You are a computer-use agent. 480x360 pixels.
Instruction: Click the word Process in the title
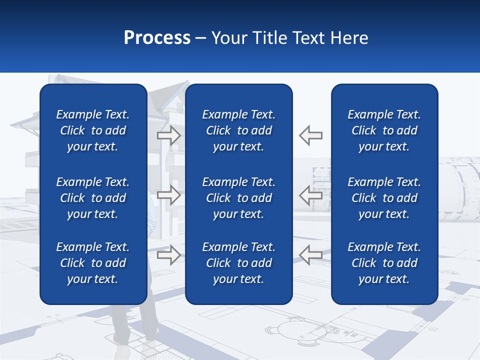pos(157,38)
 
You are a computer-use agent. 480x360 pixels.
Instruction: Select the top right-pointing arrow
pos(168,135)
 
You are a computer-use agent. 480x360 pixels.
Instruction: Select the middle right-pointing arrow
pos(168,195)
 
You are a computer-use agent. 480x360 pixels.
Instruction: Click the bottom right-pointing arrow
pos(168,255)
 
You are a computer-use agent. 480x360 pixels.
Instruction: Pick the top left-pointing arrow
pos(311,135)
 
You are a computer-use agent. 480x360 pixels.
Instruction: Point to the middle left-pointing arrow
pos(311,195)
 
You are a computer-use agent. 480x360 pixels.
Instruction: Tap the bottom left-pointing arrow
pos(311,255)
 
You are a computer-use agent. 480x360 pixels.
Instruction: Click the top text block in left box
pos(93,130)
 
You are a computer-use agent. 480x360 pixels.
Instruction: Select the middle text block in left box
pos(93,198)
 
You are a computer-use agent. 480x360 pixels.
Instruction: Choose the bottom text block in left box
pos(93,263)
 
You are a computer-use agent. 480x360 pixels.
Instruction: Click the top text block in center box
pos(238,130)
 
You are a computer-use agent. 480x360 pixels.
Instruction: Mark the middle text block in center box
pos(238,198)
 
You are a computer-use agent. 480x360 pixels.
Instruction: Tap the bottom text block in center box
pos(238,263)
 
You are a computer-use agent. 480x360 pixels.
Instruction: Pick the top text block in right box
pos(384,130)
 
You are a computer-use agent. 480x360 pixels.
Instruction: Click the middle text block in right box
pos(384,198)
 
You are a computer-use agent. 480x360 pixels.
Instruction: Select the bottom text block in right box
pos(384,263)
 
